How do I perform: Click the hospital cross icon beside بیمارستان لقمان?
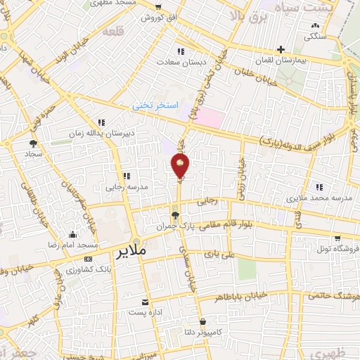[281, 49]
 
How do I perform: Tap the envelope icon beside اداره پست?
[145, 301]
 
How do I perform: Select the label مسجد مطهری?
[124, 3]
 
